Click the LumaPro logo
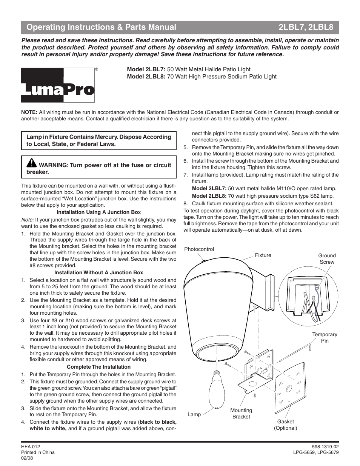click(58, 85)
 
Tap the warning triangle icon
click(31, 163)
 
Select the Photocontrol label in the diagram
click(199, 249)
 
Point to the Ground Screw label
click(327, 259)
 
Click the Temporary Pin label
click(325, 338)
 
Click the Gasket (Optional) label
click(285, 425)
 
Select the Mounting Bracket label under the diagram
click(241, 414)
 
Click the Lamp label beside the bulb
click(194, 414)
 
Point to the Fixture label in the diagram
click(263, 255)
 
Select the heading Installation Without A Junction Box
click(98, 272)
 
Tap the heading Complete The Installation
click(98, 367)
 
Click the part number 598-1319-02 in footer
click(325, 446)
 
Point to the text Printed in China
click(38, 452)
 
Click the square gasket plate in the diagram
click(289, 392)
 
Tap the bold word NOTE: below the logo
click(29, 112)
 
